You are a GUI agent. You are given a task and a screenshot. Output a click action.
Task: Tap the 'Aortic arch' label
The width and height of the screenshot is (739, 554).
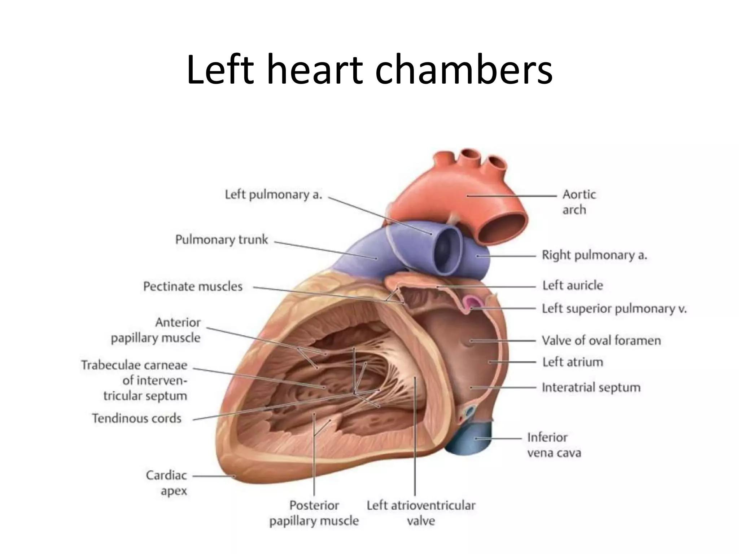[578, 202]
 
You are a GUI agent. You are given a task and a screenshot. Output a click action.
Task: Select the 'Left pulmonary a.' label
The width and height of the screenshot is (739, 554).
[273, 195]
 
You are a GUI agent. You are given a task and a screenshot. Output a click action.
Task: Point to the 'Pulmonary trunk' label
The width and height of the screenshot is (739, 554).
[222, 239]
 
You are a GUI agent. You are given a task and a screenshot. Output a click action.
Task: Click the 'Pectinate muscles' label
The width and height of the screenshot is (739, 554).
[193, 286]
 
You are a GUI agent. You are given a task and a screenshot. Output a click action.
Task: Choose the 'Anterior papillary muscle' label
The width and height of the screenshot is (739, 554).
[156, 330]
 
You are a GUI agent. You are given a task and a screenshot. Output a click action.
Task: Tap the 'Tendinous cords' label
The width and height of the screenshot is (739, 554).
[136, 418]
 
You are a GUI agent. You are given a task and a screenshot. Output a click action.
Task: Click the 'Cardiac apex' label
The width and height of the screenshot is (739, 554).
[166, 483]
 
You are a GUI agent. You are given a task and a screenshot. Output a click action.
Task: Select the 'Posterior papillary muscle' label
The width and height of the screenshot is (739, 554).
[314, 513]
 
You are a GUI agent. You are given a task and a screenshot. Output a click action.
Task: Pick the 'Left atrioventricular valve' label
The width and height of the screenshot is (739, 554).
[421, 513]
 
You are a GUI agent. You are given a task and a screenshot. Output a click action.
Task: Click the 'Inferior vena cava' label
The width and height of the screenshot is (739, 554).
[554, 445]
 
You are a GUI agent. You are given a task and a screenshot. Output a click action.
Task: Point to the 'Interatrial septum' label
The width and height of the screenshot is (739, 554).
[591, 387]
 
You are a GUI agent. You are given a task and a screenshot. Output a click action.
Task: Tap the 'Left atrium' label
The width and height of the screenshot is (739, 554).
[573, 362]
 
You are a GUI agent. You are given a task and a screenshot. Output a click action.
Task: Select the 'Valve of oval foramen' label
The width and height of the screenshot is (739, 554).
[601, 340]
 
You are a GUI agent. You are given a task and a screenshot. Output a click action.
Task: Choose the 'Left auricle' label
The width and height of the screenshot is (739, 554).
[573, 285]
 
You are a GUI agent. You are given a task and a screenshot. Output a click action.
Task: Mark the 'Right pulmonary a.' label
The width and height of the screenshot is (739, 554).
[594, 255]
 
